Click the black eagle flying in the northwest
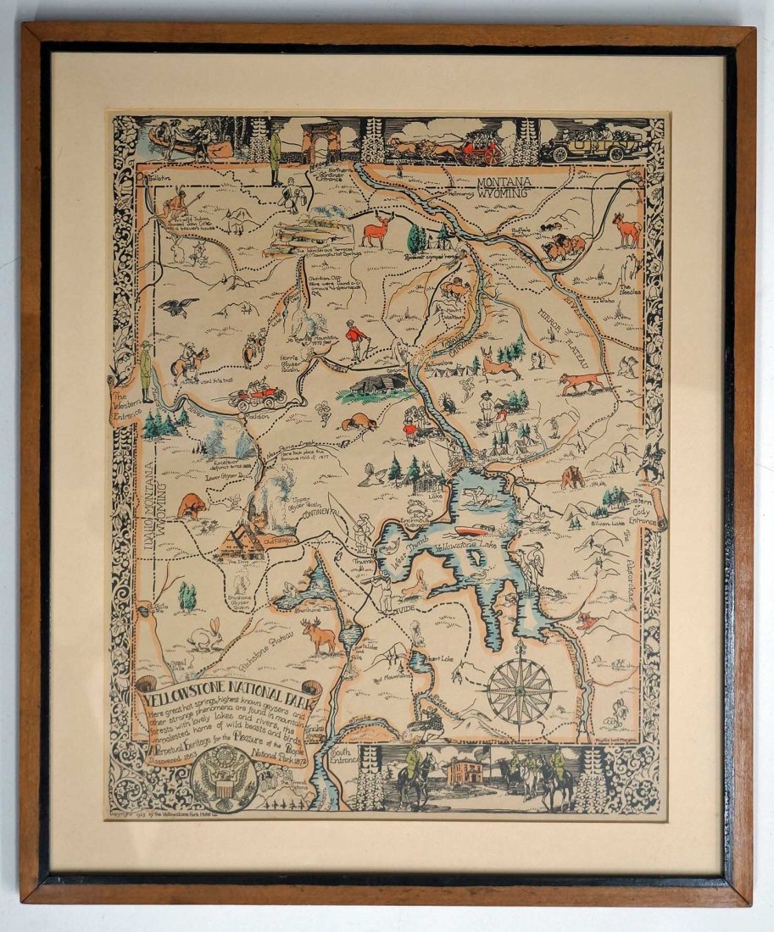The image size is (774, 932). (180, 306)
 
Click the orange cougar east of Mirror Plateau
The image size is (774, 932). (584, 381)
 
